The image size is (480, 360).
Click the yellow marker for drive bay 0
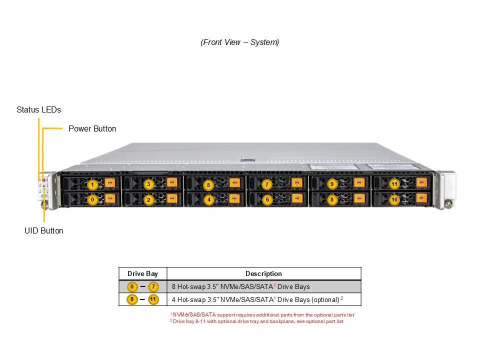click(x=92, y=200)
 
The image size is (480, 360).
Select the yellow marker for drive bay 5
click(x=208, y=185)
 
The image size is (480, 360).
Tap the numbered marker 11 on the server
click(x=394, y=184)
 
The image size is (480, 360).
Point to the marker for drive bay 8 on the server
click(x=332, y=200)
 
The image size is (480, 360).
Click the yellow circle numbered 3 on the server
click(x=148, y=184)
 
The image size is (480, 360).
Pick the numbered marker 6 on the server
click(x=267, y=200)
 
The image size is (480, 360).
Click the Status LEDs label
click(x=39, y=109)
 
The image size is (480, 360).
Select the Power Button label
click(x=92, y=128)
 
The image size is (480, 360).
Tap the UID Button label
click(x=44, y=230)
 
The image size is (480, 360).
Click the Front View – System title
click(x=239, y=42)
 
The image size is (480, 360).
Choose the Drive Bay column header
click(x=142, y=273)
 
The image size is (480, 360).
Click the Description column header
click(x=263, y=273)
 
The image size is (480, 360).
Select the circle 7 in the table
click(x=153, y=287)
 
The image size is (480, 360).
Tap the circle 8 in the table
click(x=132, y=299)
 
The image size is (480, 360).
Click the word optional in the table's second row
click(x=325, y=299)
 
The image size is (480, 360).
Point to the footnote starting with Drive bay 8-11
click(x=256, y=321)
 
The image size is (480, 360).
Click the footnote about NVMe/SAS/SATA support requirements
click(x=262, y=314)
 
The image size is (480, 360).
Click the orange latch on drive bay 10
click(x=421, y=198)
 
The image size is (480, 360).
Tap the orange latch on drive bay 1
click(x=110, y=183)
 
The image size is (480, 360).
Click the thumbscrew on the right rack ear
click(x=448, y=203)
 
